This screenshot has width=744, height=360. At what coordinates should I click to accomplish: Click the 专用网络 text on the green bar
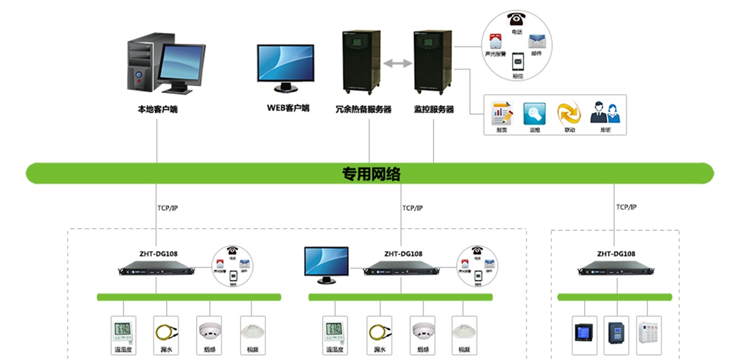tap(371, 174)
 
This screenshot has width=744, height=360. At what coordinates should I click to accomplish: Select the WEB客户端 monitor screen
tap(286, 63)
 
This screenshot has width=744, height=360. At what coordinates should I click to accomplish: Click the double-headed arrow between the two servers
tap(397, 63)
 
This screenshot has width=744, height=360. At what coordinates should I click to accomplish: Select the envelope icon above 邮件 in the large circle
tap(536, 42)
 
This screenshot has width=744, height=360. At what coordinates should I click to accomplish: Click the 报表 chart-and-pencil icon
tap(502, 113)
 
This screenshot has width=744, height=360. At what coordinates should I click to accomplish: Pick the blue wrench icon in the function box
tap(534, 113)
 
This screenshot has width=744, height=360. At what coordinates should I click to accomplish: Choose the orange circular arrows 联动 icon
tap(569, 113)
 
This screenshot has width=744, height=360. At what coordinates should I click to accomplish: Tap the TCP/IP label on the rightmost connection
tap(626, 208)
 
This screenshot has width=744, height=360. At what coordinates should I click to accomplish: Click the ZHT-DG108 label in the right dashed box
tap(616, 253)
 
